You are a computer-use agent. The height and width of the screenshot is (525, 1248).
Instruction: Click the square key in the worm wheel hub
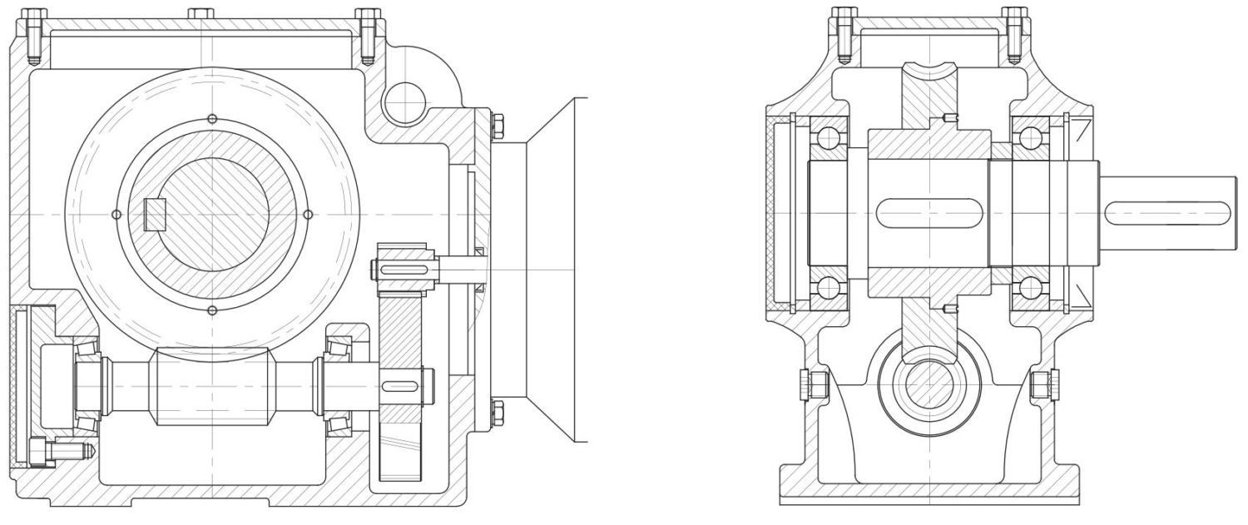pos(156,215)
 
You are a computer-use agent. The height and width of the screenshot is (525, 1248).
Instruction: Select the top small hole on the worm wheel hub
pos(212,118)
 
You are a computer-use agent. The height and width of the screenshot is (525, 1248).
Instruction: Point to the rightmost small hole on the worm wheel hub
pos(308,215)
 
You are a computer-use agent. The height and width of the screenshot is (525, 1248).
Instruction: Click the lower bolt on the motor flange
pos(497,410)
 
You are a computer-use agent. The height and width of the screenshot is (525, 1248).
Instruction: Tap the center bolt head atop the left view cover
pos(201,13)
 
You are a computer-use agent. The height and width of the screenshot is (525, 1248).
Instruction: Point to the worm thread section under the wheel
pos(211,387)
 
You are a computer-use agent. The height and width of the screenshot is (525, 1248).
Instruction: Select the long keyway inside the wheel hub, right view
pos(929,214)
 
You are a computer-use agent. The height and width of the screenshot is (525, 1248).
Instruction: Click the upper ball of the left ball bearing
pos(829,137)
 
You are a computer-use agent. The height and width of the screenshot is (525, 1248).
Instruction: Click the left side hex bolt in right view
pos(815,384)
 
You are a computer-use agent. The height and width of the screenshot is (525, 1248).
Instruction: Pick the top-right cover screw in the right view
pos(1013,33)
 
